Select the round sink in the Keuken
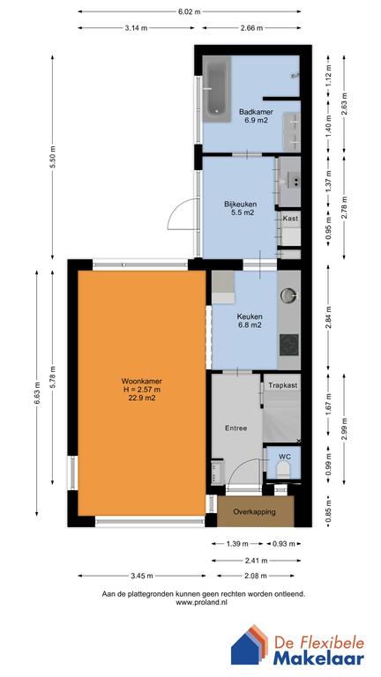[x=288, y=295]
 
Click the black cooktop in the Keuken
[x=289, y=345]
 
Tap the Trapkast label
[x=283, y=385]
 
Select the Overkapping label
[x=254, y=511]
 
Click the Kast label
[x=290, y=219]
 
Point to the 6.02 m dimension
[x=190, y=12]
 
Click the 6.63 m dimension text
[x=37, y=393]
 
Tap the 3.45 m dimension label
[x=142, y=576]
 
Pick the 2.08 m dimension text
[x=256, y=576]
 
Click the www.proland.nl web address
[x=202, y=603]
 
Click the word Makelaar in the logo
[x=318, y=658]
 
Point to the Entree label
[x=235, y=428]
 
